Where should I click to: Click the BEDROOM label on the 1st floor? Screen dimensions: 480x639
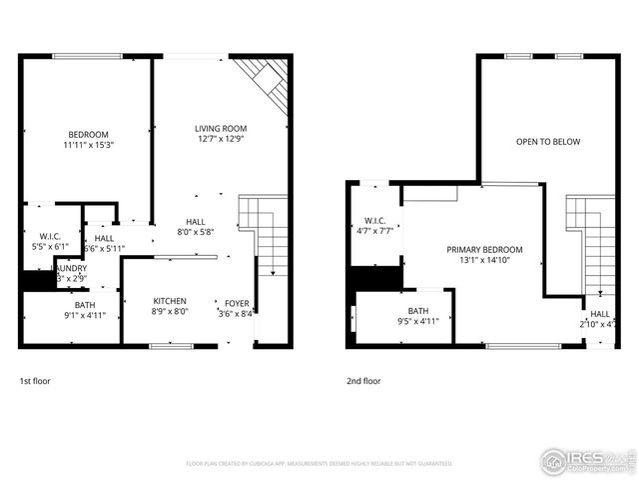pos(88,135)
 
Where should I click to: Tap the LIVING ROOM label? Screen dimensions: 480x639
pos(221,129)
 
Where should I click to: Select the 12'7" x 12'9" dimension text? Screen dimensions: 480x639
pos(221,140)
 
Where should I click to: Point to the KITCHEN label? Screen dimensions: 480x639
pos(170,301)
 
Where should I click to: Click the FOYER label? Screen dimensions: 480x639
pos(237,304)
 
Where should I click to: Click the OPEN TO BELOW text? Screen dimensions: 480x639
pos(547,142)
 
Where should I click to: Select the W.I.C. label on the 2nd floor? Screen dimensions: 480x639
pos(375,221)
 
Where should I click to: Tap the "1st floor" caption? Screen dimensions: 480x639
pos(35,381)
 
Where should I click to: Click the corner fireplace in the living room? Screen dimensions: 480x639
pos(268,84)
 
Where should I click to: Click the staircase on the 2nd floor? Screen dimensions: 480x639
pos(589,240)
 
